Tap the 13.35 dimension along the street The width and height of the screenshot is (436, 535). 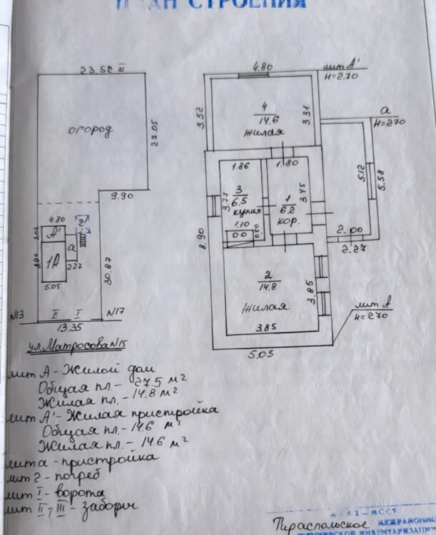64,329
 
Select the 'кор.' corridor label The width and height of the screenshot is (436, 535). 290,220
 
